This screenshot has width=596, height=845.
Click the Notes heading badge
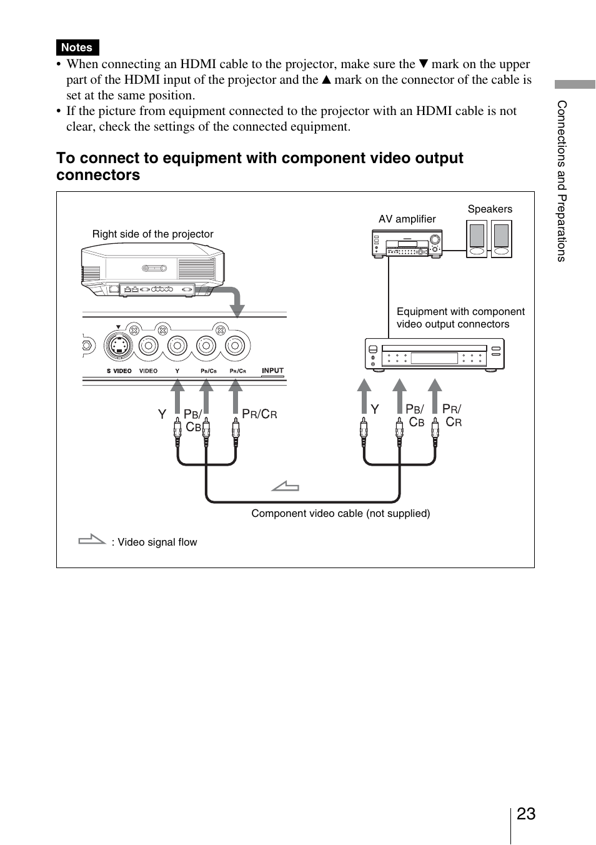click(77, 47)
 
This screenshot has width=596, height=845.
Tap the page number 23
click(526, 813)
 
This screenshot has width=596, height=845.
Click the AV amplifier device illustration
click(407, 244)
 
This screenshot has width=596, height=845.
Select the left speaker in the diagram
click(477, 239)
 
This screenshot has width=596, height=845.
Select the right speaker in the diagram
click(501, 239)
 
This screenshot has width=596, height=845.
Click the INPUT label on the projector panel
click(272, 371)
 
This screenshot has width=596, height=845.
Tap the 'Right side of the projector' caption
click(152, 234)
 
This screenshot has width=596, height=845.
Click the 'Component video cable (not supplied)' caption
click(340, 513)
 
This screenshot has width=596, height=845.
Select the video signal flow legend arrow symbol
click(92, 539)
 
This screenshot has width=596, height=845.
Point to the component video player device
click(434, 354)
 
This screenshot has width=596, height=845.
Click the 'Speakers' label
click(490, 209)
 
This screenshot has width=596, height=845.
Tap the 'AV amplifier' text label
click(407, 219)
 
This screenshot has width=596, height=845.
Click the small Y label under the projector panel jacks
click(177, 371)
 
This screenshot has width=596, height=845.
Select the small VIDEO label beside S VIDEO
click(148, 371)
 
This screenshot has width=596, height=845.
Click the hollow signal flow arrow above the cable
click(285, 486)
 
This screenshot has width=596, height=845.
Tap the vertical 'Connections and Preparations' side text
click(562, 181)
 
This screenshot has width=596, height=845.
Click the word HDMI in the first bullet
click(197, 64)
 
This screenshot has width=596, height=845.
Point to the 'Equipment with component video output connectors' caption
click(460, 317)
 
